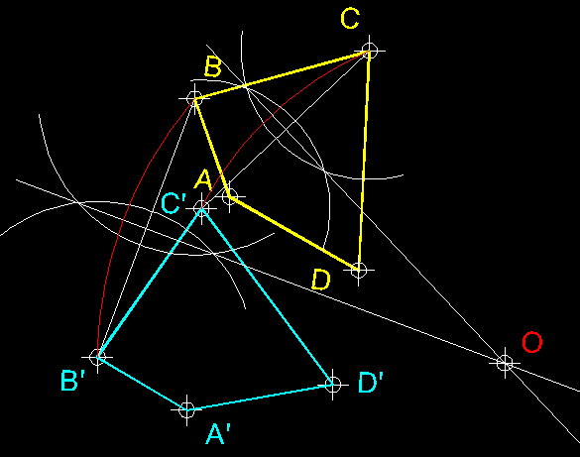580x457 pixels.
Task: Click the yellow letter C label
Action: tap(350, 19)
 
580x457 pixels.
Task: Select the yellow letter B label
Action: tap(213, 66)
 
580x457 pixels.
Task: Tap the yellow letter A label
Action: tap(203, 180)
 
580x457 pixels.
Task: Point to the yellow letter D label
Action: tap(320, 280)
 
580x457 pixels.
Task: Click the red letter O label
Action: tap(531, 342)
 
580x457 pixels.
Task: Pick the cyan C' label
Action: tap(174, 203)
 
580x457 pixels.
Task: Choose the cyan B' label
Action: tap(72, 381)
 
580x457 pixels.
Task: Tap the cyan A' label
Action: tap(218, 433)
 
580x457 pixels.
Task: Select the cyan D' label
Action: tap(370, 383)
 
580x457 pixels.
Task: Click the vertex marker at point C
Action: tap(369, 51)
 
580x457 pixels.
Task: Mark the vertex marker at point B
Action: tap(194, 99)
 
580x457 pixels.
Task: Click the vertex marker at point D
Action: tap(359, 270)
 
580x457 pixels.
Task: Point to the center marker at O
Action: tap(505, 363)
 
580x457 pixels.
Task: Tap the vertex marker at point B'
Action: tap(97, 357)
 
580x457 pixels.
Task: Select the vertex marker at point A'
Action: tap(186, 409)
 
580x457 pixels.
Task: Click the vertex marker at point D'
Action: tap(333, 385)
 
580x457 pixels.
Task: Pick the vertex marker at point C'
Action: tap(201, 208)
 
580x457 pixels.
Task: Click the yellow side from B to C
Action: tap(282, 74)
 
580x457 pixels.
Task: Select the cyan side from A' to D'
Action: tap(260, 398)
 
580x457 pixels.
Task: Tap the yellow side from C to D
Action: tap(364, 160)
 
